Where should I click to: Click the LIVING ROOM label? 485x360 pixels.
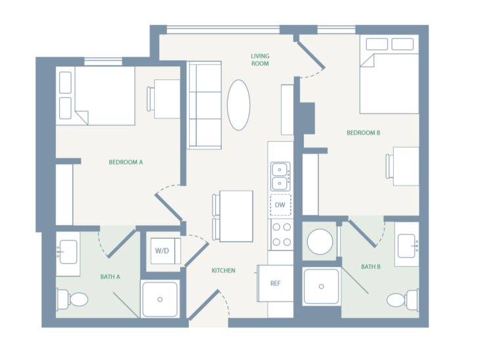260,60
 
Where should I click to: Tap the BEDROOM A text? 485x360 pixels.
125,162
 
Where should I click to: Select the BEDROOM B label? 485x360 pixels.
364,133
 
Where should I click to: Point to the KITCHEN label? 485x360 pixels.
223,270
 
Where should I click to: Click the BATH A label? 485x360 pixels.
110,277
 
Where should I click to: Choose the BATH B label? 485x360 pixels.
371,266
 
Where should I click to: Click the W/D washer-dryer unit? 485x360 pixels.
162,250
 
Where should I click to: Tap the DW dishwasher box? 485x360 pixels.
280,205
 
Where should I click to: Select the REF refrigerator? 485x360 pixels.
276,283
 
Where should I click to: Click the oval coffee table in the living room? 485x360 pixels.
238,105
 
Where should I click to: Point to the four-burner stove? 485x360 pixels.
281,234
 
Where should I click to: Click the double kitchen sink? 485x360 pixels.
280,175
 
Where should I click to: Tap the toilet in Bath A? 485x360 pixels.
74,300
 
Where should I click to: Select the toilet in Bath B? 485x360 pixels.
400,299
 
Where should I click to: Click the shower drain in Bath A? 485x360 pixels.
159,300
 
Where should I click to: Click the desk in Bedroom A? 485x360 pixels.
165,99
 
